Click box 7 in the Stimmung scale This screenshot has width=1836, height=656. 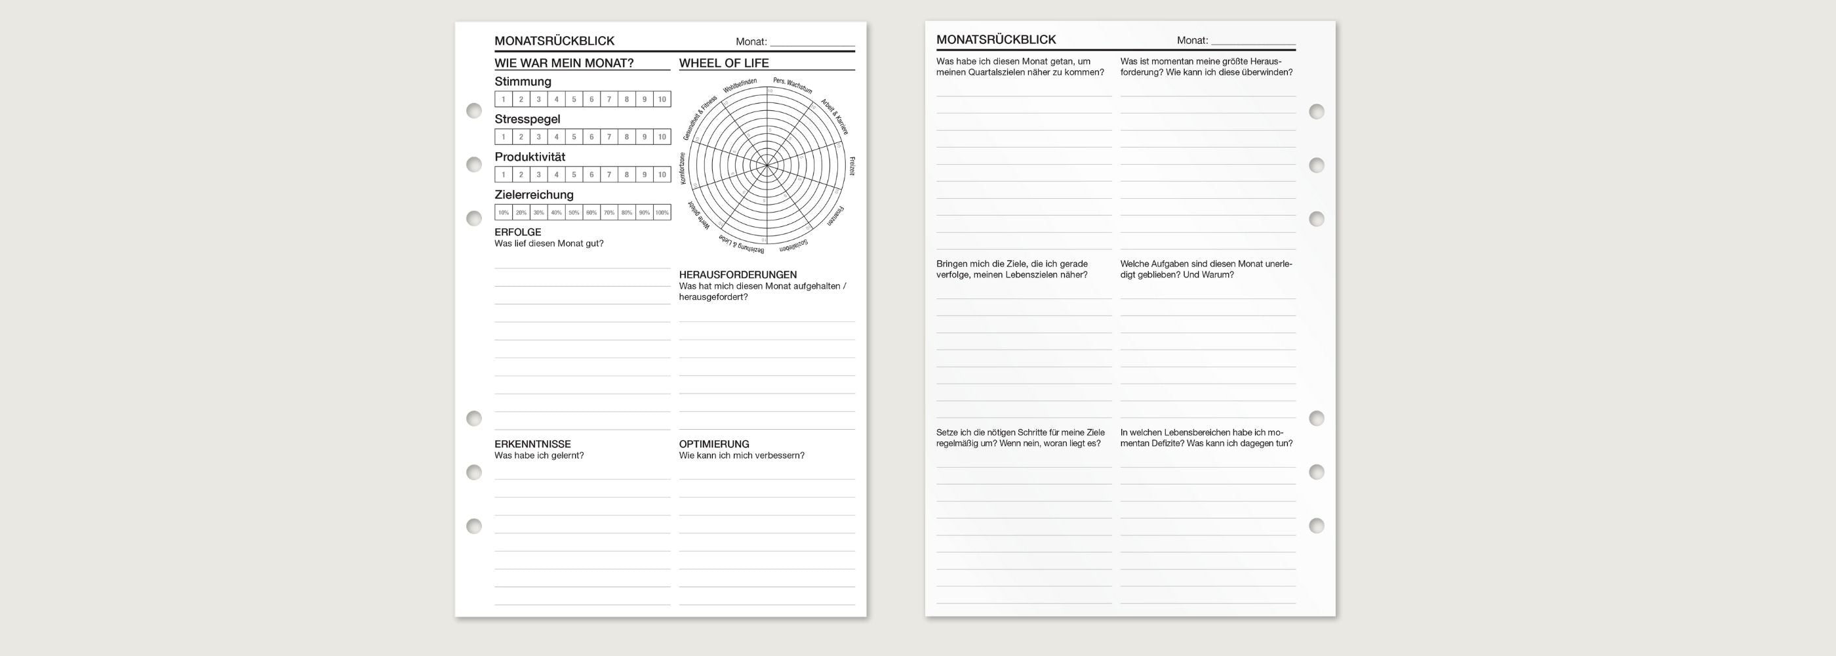[609, 99]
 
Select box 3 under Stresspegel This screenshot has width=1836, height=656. [538, 137]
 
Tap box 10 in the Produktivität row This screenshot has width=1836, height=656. [662, 174]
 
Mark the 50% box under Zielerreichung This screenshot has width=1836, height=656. [574, 213]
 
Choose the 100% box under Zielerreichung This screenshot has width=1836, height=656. [662, 213]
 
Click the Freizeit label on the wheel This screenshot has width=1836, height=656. [851, 166]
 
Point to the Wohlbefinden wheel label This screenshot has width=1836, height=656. [740, 85]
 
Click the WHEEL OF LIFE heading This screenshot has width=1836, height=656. [723, 63]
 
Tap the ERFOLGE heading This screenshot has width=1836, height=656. [517, 232]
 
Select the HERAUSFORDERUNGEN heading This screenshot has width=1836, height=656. [738, 274]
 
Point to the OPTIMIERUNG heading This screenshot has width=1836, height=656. [713, 443]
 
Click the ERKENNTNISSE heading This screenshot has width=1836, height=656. [532, 443]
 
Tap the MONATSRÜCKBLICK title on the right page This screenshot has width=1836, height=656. [995, 40]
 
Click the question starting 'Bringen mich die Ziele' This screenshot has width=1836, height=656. [1012, 269]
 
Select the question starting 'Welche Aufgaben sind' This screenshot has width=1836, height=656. [1205, 269]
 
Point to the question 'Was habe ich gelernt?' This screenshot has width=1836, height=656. [539, 456]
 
